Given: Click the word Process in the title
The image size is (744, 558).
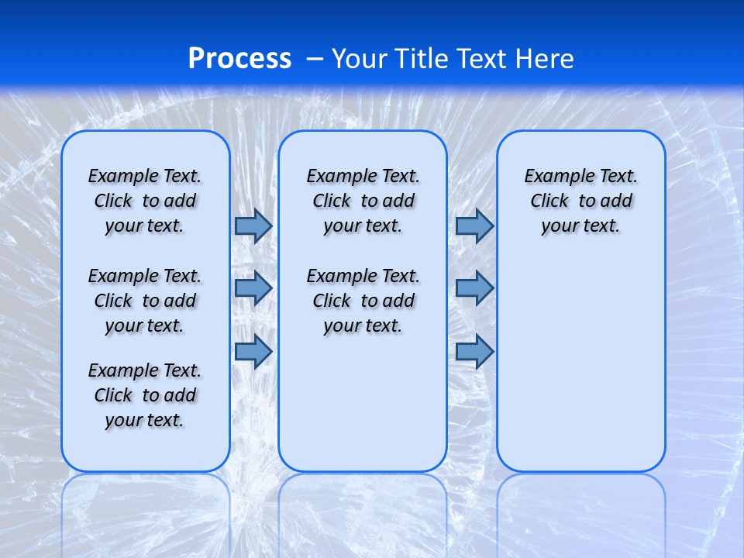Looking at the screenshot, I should (239, 59).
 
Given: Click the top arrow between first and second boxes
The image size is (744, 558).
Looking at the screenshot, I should (253, 226).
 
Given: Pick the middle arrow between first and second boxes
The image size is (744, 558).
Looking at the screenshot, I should (253, 288).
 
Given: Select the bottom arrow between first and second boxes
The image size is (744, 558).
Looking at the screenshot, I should (253, 351).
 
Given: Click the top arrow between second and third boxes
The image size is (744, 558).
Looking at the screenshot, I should (474, 226).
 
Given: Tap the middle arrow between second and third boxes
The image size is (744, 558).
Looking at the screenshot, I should (474, 288).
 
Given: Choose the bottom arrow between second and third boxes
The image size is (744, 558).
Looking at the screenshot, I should (474, 351).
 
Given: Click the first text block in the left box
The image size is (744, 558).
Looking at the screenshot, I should (145, 201).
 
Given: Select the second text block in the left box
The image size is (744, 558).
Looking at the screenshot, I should (145, 301).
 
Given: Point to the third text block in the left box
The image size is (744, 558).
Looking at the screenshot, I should (145, 395).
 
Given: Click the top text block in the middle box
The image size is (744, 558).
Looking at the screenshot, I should (363, 201).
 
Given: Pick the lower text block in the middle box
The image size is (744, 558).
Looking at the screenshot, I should (363, 301).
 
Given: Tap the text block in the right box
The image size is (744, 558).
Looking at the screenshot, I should (580, 201).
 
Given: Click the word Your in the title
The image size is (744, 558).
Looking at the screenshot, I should (360, 59).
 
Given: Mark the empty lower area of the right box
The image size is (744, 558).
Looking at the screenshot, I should (580, 364).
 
